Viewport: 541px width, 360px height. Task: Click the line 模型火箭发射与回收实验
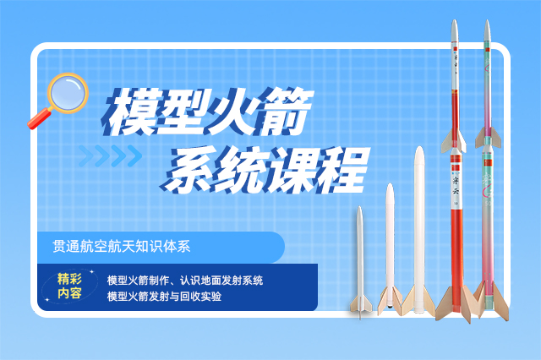pos(164,297)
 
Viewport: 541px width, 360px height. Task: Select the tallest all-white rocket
pos(419,228)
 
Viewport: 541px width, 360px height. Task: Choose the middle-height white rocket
pos(390,245)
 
